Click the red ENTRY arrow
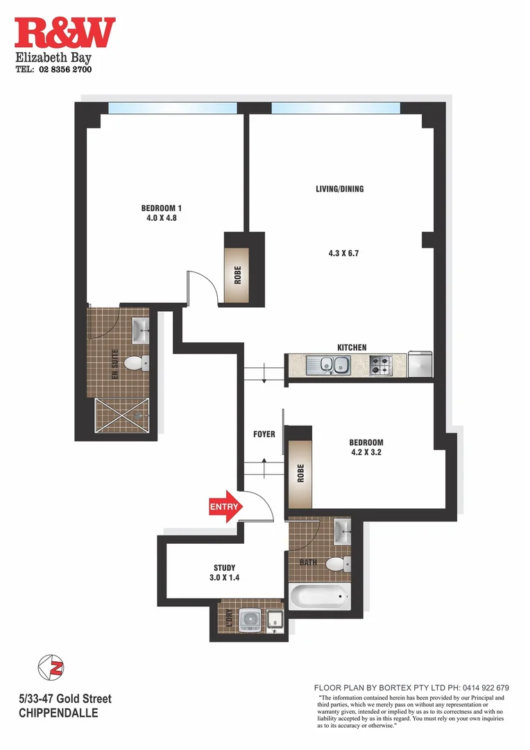click(224, 506)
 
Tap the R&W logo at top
click(65, 33)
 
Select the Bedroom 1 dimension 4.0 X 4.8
click(161, 218)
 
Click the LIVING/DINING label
click(339, 189)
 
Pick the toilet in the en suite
click(143, 362)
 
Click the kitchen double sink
click(330, 364)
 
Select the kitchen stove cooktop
click(380, 364)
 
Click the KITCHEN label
click(352, 347)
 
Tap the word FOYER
click(264, 435)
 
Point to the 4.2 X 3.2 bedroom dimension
click(366, 453)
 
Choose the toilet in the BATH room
click(336, 563)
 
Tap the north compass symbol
click(51, 667)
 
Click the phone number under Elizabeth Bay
click(53, 69)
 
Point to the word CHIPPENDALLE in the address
click(58, 713)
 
